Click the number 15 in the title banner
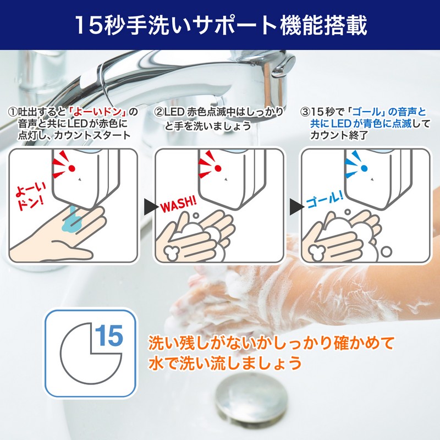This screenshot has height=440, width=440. click(x=89, y=25)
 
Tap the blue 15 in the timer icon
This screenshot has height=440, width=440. click(x=109, y=336)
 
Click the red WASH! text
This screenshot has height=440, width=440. click(x=178, y=204)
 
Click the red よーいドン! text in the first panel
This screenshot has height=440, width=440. click(x=31, y=197)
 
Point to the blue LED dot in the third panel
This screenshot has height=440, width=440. click(x=364, y=168)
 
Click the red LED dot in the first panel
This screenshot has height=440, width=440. click(x=72, y=168)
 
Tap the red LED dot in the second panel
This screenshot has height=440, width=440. click(x=218, y=168)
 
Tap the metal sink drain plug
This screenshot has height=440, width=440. click(x=252, y=398)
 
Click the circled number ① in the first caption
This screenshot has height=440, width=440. click(x=13, y=112)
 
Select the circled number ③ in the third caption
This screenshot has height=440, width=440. click(x=305, y=112)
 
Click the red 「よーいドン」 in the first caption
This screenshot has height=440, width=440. click(x=98, y=112)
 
